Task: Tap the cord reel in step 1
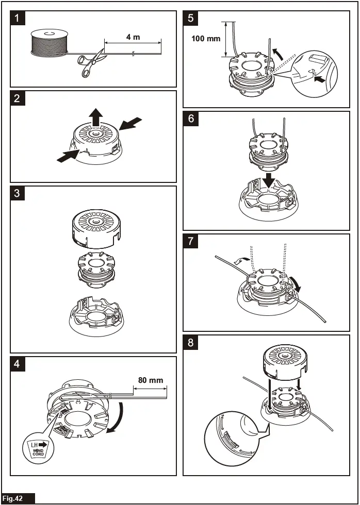coord(50,42)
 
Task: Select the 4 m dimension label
coord(133,37)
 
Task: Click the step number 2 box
coord(18,98)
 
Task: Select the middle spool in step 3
coord(95,268)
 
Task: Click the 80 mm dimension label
coord(151,380)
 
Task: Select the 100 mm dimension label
coord(206,39)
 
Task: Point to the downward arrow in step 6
coord(269,179)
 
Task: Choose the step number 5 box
coord(191,19)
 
